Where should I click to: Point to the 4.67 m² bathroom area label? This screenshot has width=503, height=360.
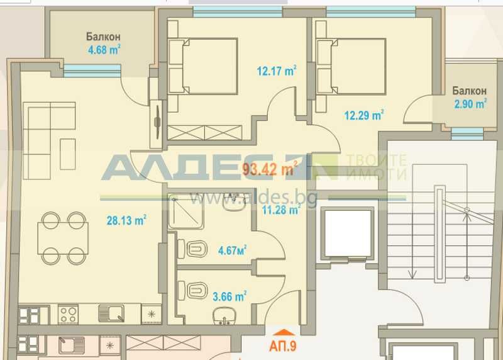pos(232,250)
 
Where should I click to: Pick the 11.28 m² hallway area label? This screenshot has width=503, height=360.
pos(281,210)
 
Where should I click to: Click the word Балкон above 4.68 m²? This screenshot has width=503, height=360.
pos(104,37)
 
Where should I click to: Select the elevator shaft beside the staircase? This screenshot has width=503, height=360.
pos(347,235)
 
